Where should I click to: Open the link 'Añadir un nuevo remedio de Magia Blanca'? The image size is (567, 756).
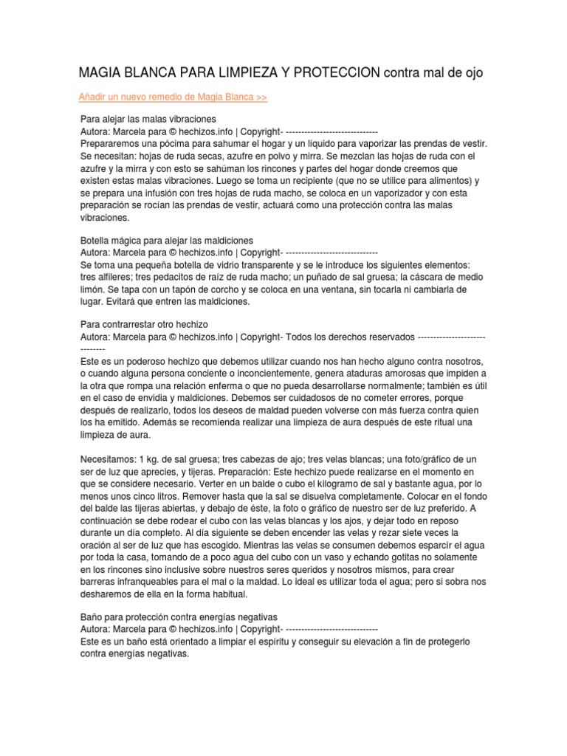pos(173,97)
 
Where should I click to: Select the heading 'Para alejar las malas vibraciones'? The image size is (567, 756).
pos(148,118)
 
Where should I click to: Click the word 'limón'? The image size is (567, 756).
pos(92,289)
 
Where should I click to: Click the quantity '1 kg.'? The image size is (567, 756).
pos(154,458)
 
